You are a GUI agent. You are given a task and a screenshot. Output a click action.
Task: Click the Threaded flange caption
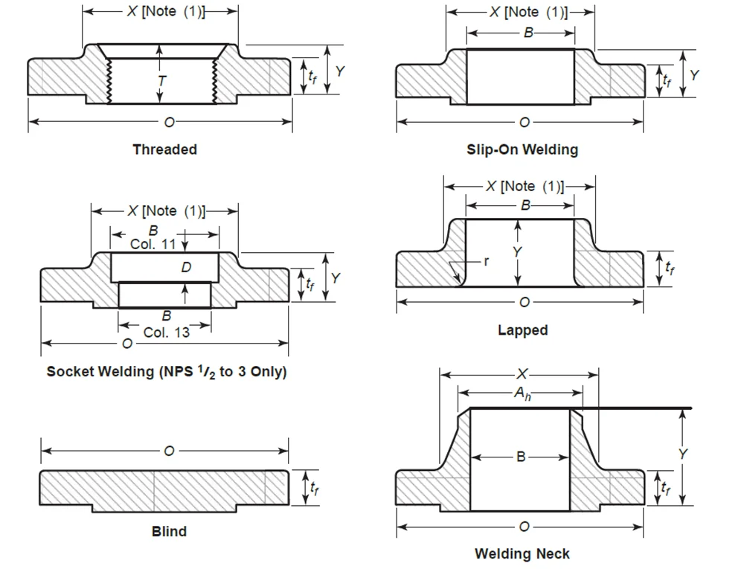point(164,150)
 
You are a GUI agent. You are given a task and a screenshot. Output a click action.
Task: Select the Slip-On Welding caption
point(522,150)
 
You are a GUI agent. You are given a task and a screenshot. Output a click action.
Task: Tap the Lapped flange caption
point(522,329)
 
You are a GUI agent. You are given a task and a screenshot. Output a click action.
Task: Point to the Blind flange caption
point(169,531)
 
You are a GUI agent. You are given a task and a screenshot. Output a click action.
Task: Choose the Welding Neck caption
point(522,553)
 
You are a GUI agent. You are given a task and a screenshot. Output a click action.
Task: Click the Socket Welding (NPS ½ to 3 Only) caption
point(167,371)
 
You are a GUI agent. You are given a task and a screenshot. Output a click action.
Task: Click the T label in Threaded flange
point(161,79)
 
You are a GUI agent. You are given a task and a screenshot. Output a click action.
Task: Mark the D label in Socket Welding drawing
point(186,268)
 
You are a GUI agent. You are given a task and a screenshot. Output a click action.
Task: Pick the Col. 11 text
point(153,244)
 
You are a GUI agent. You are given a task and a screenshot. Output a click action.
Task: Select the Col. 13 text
point(166,332)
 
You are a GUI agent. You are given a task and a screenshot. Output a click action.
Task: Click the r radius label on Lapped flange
point(486,262)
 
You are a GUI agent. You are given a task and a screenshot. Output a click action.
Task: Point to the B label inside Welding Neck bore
point(521,457)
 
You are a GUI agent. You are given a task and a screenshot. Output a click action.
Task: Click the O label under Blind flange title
point(170,451)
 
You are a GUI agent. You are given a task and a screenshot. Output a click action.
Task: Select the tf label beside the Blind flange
point(315,488)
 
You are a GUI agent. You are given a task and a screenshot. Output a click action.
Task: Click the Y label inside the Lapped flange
point(518,252)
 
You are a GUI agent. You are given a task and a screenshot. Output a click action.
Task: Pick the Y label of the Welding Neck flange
point(683,454)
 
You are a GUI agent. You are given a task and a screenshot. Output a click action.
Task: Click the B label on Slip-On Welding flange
point(529,33)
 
